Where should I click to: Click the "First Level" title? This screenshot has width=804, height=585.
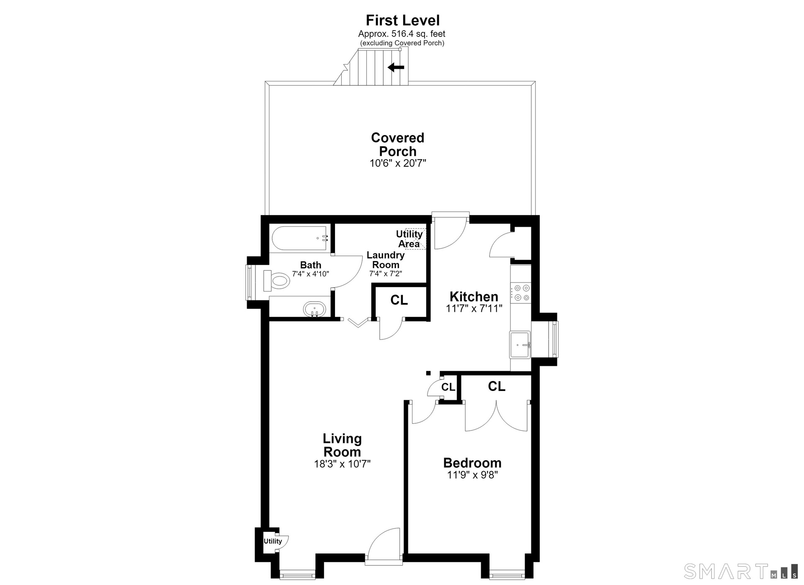tap(402, 20)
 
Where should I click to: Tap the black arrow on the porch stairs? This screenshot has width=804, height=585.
tap(396, 67)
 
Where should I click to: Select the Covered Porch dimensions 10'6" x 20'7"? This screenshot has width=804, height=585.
tap(397, 163)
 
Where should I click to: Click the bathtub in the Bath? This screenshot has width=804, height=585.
tap(299, 238)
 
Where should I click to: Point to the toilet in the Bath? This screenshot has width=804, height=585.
tap(276, 280)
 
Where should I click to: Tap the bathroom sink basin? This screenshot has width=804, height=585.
tap(314, 310)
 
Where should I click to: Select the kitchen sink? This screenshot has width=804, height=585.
tap(520, 344)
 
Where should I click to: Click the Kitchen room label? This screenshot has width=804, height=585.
tap(474, 296)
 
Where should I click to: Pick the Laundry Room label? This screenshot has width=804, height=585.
tap(386, 260)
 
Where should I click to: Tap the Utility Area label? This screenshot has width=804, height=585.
tap(409, 239)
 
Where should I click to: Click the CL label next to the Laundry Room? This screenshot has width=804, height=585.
tap(399, 300)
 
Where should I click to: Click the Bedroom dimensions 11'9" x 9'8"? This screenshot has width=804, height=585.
tap(472, 475)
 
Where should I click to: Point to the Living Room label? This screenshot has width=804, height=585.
tap(342, 445)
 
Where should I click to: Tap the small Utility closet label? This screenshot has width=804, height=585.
tap(273, 541)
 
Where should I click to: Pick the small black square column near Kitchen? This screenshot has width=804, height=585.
tap(428, 373)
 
